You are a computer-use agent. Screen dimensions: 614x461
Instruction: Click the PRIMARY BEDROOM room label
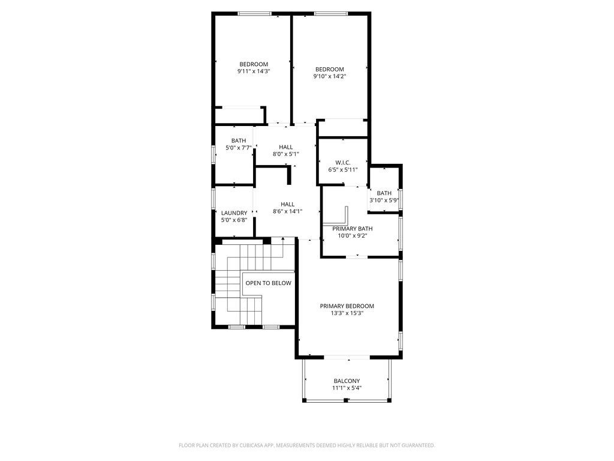(x=347, y=306)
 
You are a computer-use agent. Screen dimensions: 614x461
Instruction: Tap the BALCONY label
(x=347, y=381)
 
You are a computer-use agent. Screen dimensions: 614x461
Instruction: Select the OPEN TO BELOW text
(x=269, y=283)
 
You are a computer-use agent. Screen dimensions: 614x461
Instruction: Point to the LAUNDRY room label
(x=234, y=213)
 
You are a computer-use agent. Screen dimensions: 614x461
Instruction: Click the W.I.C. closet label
(x=343, y=163)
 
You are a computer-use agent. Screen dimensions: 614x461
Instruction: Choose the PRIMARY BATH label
(x=353, y=229)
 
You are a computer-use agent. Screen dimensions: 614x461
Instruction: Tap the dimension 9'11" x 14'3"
(x=254, y=71)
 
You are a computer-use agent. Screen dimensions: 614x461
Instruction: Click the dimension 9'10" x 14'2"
(x=330, y=76)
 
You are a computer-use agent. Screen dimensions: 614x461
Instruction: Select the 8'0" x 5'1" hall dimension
(x=286, y=154)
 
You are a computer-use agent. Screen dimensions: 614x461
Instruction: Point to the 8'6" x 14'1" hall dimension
(x=288, y=211)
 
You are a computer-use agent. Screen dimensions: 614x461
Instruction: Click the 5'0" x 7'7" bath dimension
(x=239, y=148)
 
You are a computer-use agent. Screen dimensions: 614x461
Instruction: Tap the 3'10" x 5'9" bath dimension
(x=384, y=200)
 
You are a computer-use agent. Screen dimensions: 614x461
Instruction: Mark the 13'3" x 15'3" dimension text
(x=347, y=313)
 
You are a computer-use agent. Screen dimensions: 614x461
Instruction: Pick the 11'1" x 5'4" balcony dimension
(x=347, y=388)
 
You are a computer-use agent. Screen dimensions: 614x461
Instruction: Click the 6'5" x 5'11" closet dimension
(x=343, y=170)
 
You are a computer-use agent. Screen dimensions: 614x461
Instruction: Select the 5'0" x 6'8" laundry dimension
(x=234, y=220)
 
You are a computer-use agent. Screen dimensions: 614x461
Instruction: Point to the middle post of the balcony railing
(x=346, y=400)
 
